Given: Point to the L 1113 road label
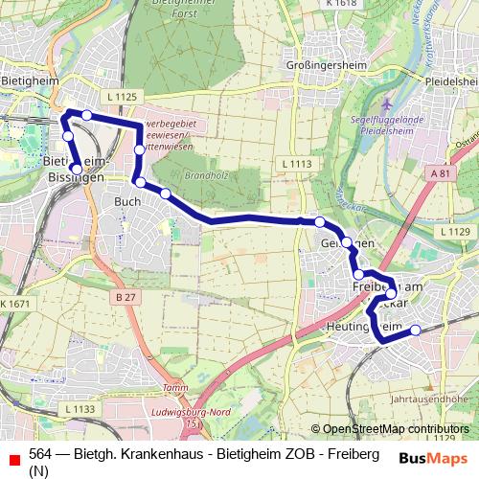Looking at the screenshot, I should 297,165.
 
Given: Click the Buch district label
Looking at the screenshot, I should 127,202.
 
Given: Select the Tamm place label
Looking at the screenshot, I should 173,387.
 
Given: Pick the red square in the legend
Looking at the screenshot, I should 13,459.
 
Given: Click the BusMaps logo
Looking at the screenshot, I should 434,458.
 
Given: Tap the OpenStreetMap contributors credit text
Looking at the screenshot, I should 395,429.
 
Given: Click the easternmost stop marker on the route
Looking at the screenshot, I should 416,331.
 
